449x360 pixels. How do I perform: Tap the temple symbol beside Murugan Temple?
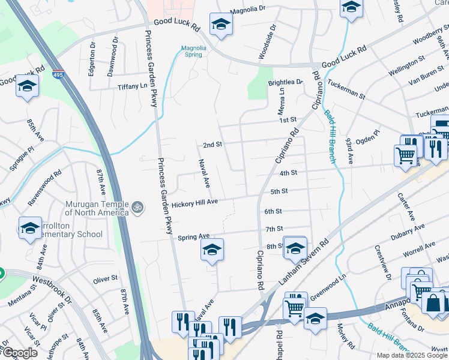pyautogui.click(x=138, y=207)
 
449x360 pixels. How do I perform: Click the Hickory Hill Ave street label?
pyautogui.click(x=194, y=202)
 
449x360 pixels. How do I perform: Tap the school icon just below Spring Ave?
pyautogui.click(x=212, y=251)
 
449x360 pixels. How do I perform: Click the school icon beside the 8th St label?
pyautogui.click(x=295, y=248)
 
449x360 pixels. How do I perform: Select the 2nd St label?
pyautogui.click(x=212, y=145)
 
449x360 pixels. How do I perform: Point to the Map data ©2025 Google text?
pyautogui.click(x=412, y=355)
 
